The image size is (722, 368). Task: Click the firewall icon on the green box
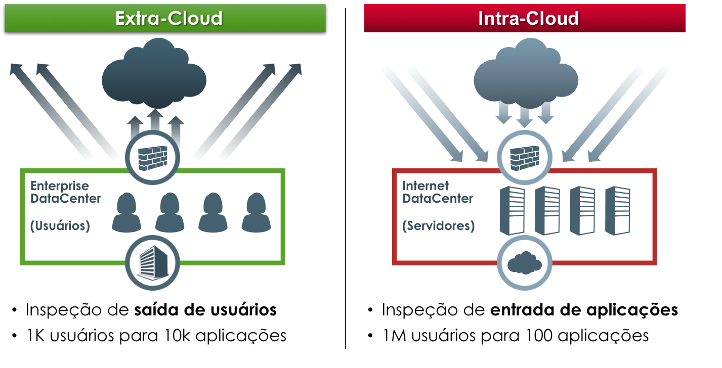pos(152,159)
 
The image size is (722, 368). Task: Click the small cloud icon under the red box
pos(524,262)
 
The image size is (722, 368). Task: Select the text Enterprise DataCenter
pos(65,192)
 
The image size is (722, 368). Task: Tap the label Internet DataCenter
pos(437,192)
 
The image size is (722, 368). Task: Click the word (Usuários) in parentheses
pos(60,226)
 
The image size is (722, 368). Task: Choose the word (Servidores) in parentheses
pos(438,226)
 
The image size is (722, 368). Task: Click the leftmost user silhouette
pos(126,212)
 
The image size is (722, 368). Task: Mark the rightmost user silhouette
pos(257,212)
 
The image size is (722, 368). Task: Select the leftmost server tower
pos(512,210)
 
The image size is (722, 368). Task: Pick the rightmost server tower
pos(617,210)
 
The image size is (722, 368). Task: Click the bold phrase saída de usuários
pos(205,310)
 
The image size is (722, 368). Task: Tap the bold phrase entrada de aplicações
pos(584,310)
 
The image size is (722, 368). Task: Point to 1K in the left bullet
pos(36,335)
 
